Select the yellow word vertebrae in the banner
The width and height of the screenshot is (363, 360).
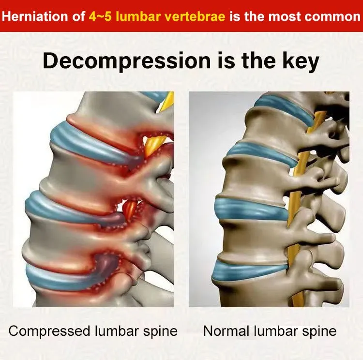tap(196, 16)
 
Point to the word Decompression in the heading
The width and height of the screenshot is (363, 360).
tap(127, 61)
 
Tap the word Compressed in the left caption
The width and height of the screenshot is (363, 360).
tap(49, 331)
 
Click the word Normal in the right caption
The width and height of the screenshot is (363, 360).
tap(227, 331)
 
